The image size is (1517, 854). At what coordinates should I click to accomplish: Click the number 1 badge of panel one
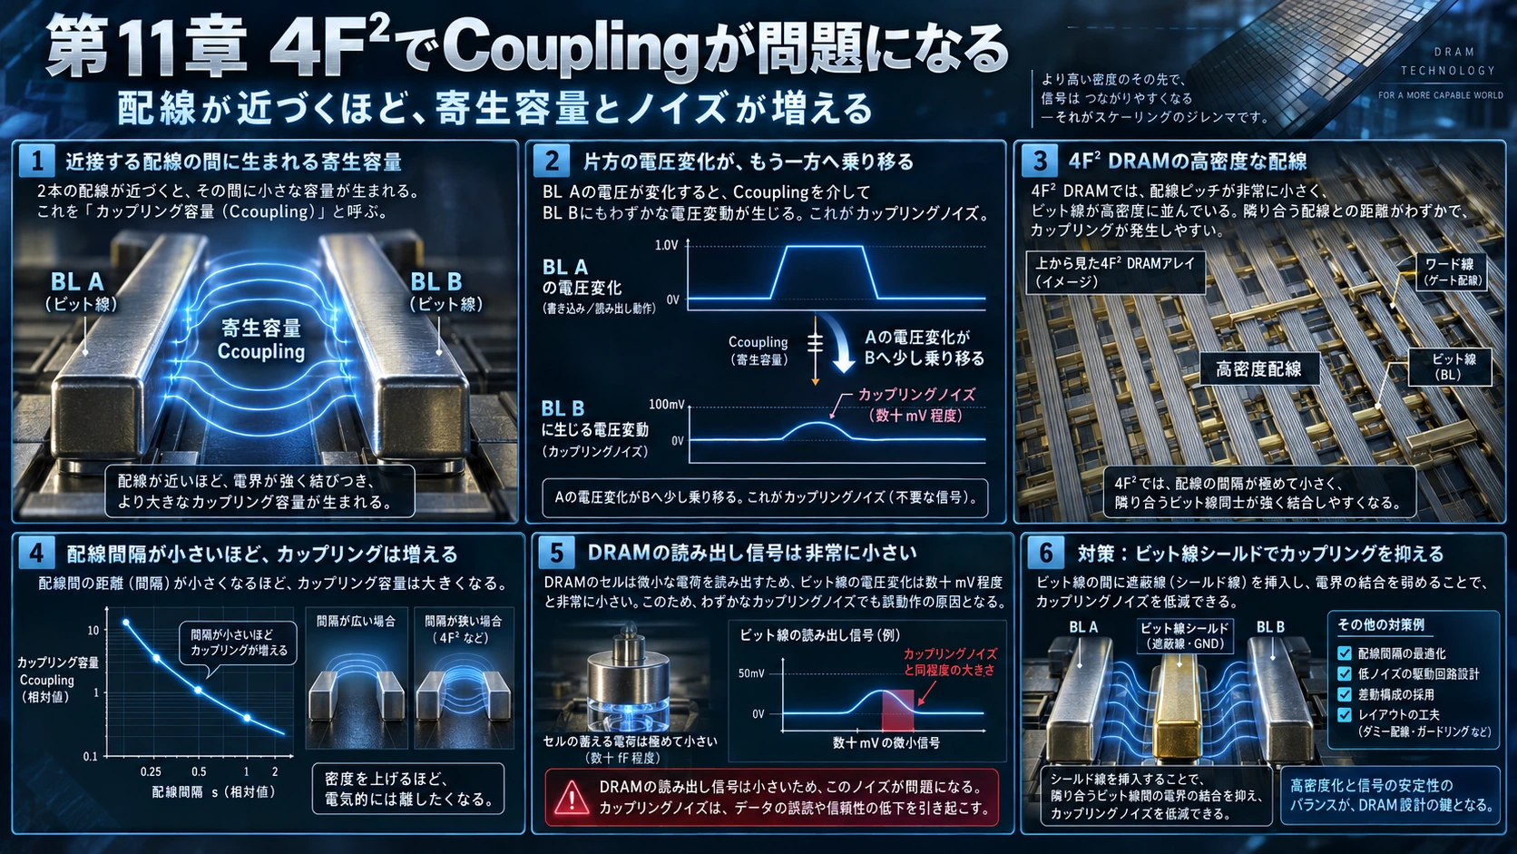[x=36, y=162]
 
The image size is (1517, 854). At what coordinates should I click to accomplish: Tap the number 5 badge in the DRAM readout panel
[x=556, y=553]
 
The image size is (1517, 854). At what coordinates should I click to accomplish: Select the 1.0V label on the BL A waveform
[x=666, y=245]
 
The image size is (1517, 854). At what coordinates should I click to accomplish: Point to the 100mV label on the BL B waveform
[x=666, y=405]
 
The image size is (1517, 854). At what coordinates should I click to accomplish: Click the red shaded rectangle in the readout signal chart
[x=897, y=710]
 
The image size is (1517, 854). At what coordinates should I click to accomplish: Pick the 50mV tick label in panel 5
[x=751, y=673]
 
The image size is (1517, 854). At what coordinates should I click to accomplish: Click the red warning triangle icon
[x=571, y=797]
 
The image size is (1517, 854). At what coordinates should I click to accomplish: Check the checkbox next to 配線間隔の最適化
[x=1345, y=653]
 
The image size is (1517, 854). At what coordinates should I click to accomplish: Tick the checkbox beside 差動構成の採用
[x=1345, y=694]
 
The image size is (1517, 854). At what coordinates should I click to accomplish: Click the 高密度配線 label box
[x=1259, y=369]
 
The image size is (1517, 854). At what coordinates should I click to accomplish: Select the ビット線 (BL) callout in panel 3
[x=1449, y=367]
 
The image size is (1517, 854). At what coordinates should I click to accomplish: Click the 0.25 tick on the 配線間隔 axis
[x=151, y=771]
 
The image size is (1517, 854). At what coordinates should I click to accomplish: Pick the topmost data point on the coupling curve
[x=125, y=623]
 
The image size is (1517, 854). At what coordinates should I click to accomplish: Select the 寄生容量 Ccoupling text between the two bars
[x=260, y=340]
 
